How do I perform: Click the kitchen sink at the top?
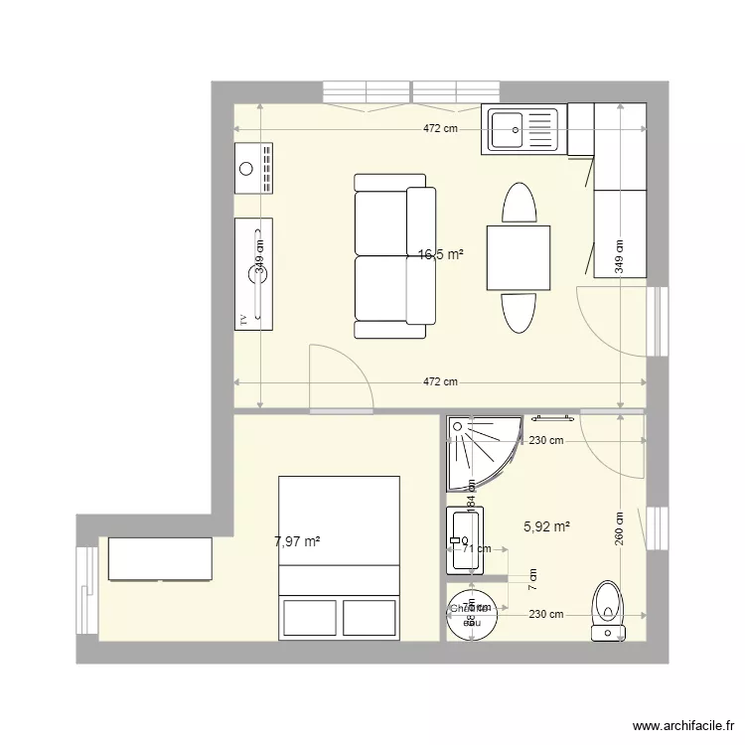(521, 129)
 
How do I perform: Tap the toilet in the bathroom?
(605, 608)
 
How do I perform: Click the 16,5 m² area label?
(441, 254)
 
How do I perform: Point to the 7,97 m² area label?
(297, 541)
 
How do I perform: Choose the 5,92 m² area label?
(546, 526)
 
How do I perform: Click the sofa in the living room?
(394, 255)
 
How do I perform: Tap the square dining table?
(519, 257)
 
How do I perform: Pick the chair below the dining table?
(519, 313)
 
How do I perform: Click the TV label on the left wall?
(242, 320)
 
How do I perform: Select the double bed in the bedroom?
(340, 556)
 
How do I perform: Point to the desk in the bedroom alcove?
(160, 558)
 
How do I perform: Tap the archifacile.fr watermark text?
(684, 727)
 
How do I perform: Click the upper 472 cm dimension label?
(440, 128)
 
